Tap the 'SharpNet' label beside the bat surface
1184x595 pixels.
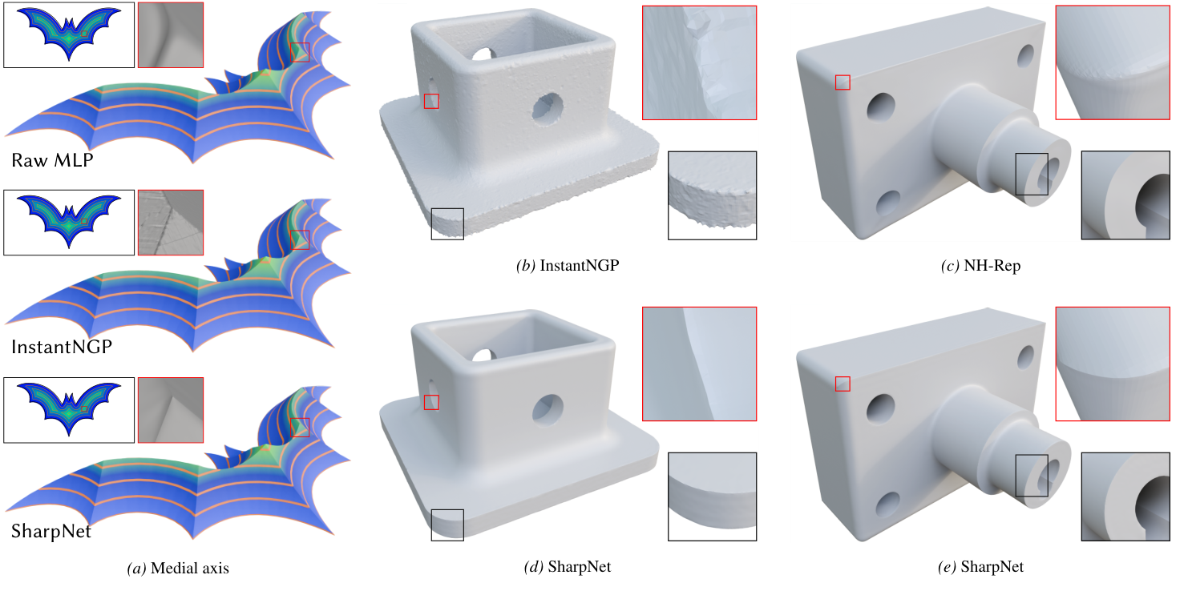(51, 530)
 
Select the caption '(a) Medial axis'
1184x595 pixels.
(178, 569)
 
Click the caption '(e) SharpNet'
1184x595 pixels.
(980, 567)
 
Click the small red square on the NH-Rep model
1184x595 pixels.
(843, 82)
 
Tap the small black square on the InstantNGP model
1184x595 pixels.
(447, 223)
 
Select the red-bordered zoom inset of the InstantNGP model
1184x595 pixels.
(699, 62)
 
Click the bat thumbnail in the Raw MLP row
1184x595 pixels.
(69, 34)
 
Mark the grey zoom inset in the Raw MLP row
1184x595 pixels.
(171, 34)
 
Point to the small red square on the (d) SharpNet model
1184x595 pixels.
(431, 402)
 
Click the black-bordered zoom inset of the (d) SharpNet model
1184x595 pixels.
(712, 497)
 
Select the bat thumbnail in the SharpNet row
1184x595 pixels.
(69, 410)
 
